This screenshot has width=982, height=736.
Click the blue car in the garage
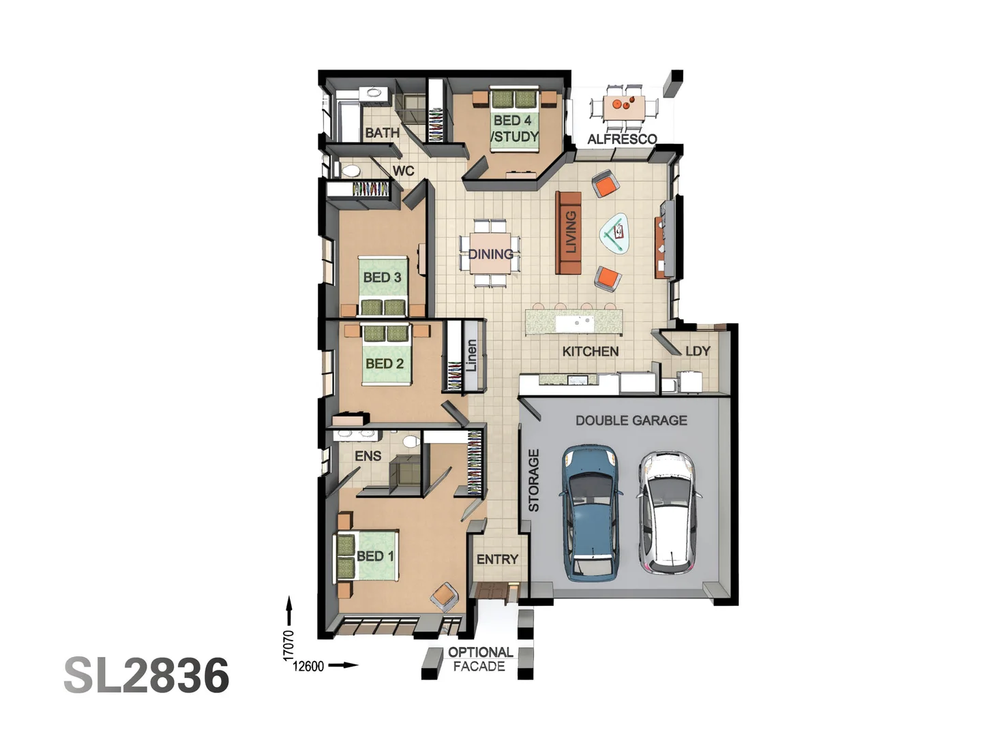coord(591,512)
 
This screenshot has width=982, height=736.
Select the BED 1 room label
coord(375,556)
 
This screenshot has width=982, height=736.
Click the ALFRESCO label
coord(622,139)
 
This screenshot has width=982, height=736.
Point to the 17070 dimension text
coord(288,645)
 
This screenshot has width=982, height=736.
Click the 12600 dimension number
coord(308,666)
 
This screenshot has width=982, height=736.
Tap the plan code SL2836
coord(147,675)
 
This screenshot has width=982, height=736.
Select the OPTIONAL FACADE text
coord(480,659)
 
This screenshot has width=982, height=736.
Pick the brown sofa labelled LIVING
coord(569,232)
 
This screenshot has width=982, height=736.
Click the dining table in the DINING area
coord(490,254)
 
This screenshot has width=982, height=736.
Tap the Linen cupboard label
coord(471,356)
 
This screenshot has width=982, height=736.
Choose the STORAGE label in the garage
coord(534,480)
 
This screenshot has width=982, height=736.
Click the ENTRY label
coord(497,559)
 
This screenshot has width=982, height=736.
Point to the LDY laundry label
coord(698,351)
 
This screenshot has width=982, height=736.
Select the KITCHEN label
coord(591,352)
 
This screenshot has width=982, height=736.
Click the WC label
coord(403,170)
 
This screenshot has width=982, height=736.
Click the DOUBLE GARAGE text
coord(631,420)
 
